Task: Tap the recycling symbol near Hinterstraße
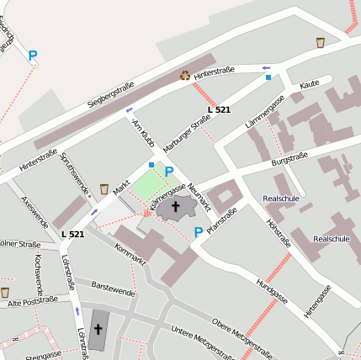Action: (185, 75)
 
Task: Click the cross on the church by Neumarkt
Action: (176, 206)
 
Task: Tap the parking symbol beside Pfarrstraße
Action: (199, 232)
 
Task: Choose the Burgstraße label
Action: (289, 156)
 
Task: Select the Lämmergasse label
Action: (265, 114)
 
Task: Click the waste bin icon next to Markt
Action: (104, 188)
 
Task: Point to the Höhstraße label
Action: (278, 233)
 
